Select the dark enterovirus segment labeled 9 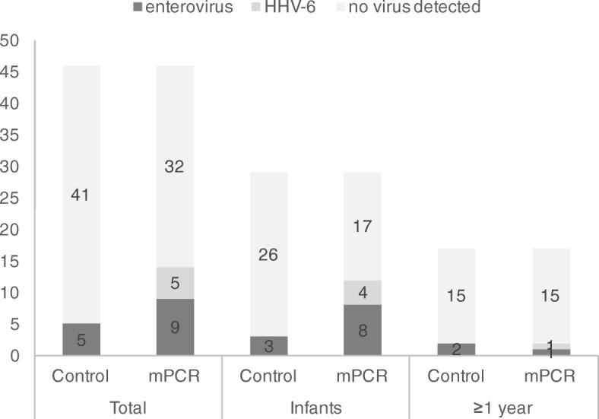coord(175,328)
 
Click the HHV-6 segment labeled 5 coord(175,284)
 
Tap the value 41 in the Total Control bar coord(81,195)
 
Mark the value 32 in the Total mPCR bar coord(175,167)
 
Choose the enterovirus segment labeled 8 coord(363,331)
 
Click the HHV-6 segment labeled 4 coord(363,293)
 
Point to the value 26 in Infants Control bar coord(268,256)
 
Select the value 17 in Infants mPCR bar coord(363,226)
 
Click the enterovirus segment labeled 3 coord(268,347)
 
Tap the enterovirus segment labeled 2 coord(457,350)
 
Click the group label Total coord(128,408)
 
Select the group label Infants coord(315,408)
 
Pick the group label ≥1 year coord(504,408)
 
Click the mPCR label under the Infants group coord(363,376)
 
